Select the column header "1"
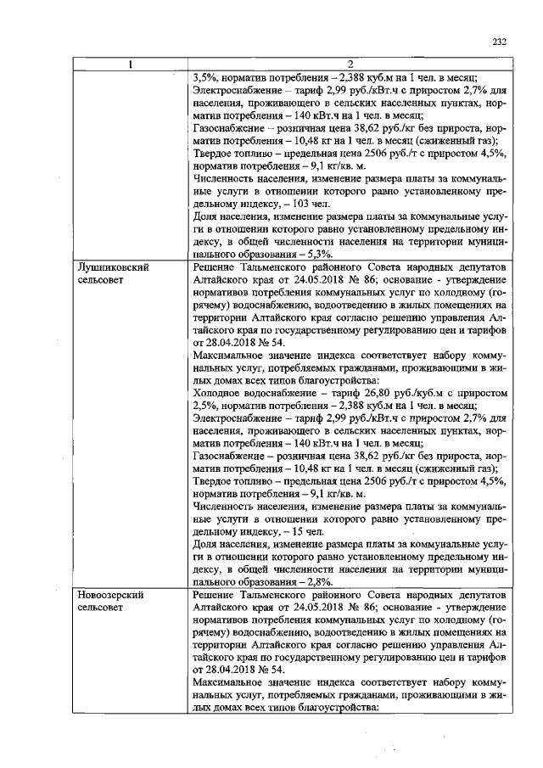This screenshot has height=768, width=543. pyautogui.click(x=130, y=64)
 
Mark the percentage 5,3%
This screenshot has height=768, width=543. pyautogui.click(x=318, y=254)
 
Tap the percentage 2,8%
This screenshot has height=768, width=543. pyautogui.click(x=318, y=582)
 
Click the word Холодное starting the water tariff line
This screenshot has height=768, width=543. pyautogui.click(x=219, y=394)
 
